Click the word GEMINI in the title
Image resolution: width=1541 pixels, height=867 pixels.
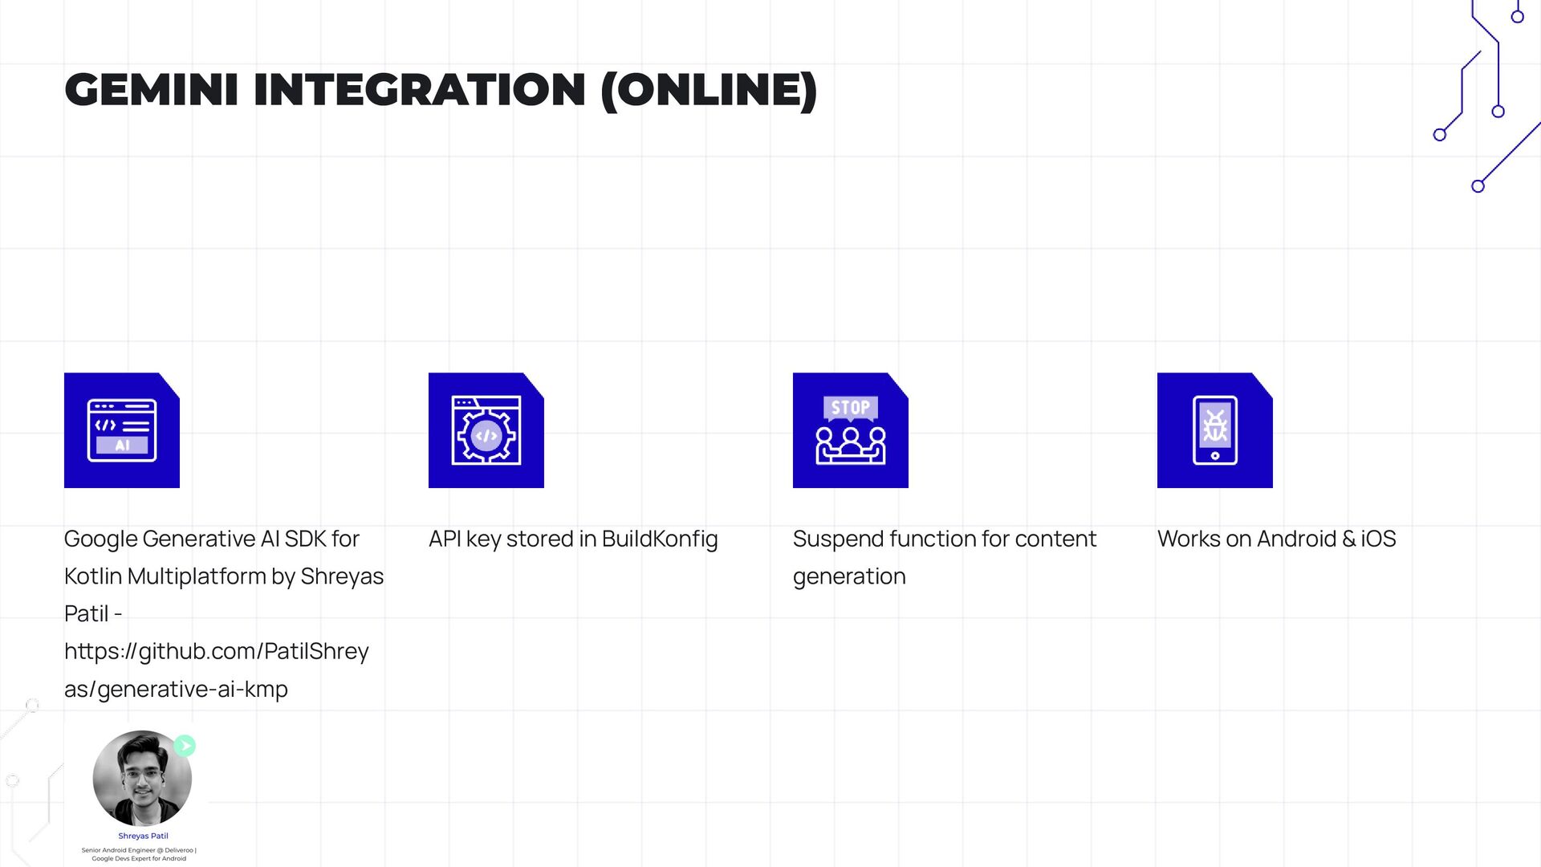[151, 90]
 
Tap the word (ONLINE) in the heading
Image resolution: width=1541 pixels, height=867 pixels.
[709, 90]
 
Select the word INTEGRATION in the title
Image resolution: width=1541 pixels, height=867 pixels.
[419, 90]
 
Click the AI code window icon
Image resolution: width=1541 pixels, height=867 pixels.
[122, 430]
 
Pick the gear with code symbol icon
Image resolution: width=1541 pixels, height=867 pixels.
[486, 430]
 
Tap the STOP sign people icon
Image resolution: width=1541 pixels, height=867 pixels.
[851, 430]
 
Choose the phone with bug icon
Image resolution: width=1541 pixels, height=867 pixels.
[1215, 430]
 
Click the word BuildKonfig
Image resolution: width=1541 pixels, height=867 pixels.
[660, 539]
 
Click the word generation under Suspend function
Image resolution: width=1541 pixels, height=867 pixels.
[849, 576]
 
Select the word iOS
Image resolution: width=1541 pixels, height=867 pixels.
[1378, 539]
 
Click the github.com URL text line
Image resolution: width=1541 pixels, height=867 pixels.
[217, 651]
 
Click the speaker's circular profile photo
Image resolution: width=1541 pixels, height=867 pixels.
[142, 778]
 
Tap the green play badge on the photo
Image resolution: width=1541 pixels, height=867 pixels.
[185, 746]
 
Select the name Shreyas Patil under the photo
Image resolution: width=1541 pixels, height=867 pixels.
[143, 836]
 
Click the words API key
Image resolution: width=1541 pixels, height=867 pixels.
[465, 539]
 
